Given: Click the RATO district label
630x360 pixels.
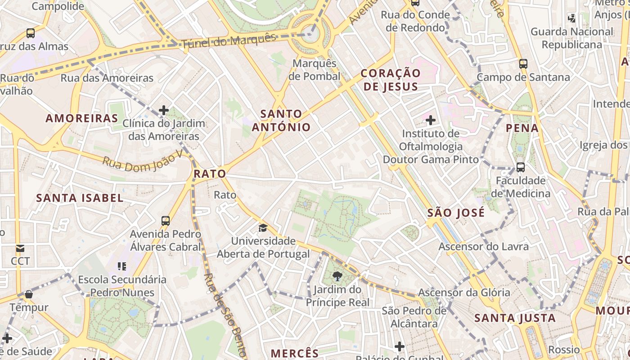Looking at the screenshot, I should (x=210, y=174).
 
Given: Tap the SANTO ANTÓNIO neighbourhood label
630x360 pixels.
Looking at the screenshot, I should (x=281, y=120).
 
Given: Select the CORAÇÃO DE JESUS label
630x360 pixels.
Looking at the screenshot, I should (x=391, y=80).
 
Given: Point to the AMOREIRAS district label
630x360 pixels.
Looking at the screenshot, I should (x=82, y=118).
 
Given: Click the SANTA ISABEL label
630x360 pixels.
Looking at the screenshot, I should (x=80, y=198).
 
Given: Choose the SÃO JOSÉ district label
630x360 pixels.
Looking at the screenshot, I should (x=456, y=213).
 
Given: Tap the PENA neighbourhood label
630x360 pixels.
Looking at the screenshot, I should (x=522, y=128).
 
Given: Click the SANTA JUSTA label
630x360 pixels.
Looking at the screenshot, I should (x=515, y=318).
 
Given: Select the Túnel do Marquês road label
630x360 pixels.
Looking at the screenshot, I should (x=229, y=41).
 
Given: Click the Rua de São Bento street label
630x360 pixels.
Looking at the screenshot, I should (x=225, y=315).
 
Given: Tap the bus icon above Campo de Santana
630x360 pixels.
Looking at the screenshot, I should (x=523, y=64).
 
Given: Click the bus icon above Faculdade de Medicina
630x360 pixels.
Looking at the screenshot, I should (x=521, y=167).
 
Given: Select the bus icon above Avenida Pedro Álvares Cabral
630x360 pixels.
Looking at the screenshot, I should (x=166, y=221).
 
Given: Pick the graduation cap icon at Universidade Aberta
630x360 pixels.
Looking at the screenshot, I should (x=263, y=228).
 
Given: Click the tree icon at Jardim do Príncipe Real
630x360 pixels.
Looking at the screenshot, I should (x=337, y=276).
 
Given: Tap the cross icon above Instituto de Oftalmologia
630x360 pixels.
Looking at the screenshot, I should (x=431, y=120).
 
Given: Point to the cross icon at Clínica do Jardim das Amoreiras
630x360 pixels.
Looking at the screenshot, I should (x=164, y=110).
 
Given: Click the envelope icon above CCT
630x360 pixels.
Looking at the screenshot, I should (x=20, y=248).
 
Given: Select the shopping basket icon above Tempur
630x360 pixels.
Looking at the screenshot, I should (x=29, y=295).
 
